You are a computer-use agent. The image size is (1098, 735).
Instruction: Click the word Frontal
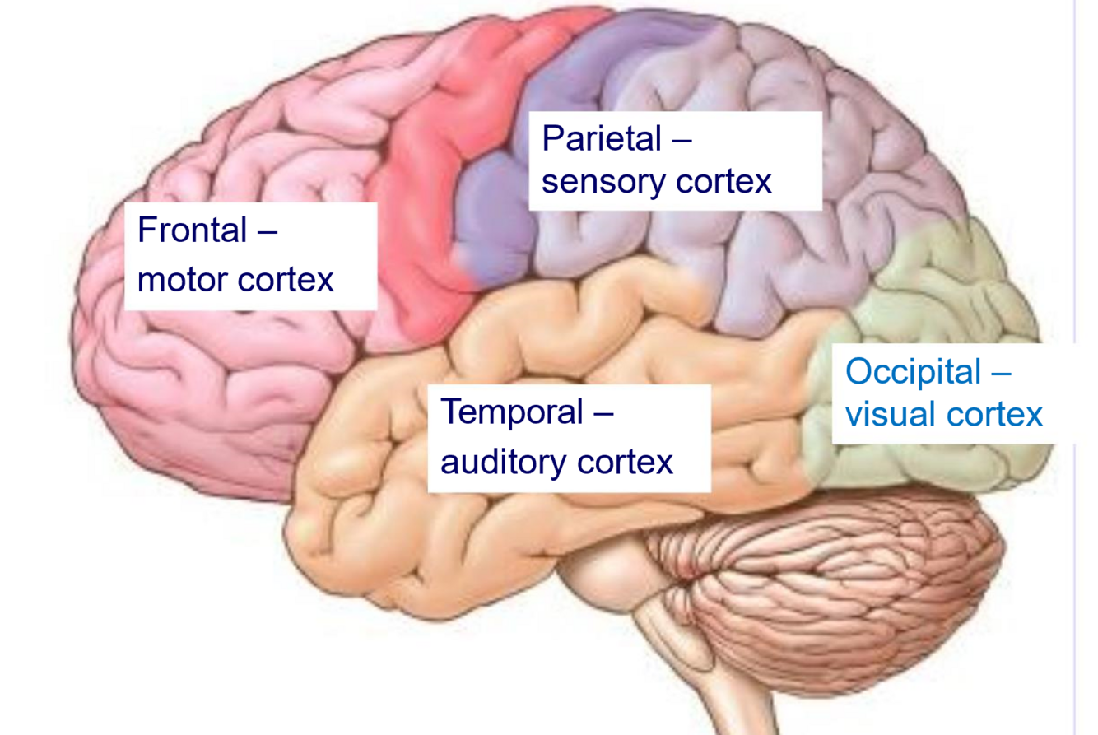(193, 230)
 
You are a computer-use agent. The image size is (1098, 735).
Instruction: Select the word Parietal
(602, 138)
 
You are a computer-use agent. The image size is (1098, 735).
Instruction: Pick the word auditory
(505, 463)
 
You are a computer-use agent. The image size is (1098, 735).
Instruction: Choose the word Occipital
(913, 372)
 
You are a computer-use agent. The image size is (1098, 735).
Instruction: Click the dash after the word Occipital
(999, 374)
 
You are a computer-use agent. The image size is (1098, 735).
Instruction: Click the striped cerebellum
(831, 576)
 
